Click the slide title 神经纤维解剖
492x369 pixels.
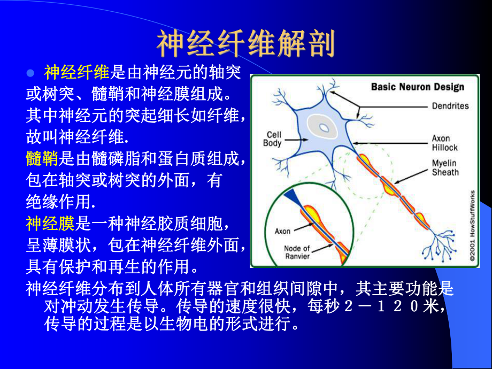coord(246,44)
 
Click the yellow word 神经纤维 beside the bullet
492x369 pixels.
coord(77,72)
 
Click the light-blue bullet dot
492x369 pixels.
coord(30,73)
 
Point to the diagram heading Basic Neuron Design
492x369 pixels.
coord(417,87)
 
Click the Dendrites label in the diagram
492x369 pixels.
coord(450,106)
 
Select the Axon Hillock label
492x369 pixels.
coord(445,143)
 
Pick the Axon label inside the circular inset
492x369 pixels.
coord(282,231)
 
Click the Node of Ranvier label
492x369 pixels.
coord(297,252)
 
